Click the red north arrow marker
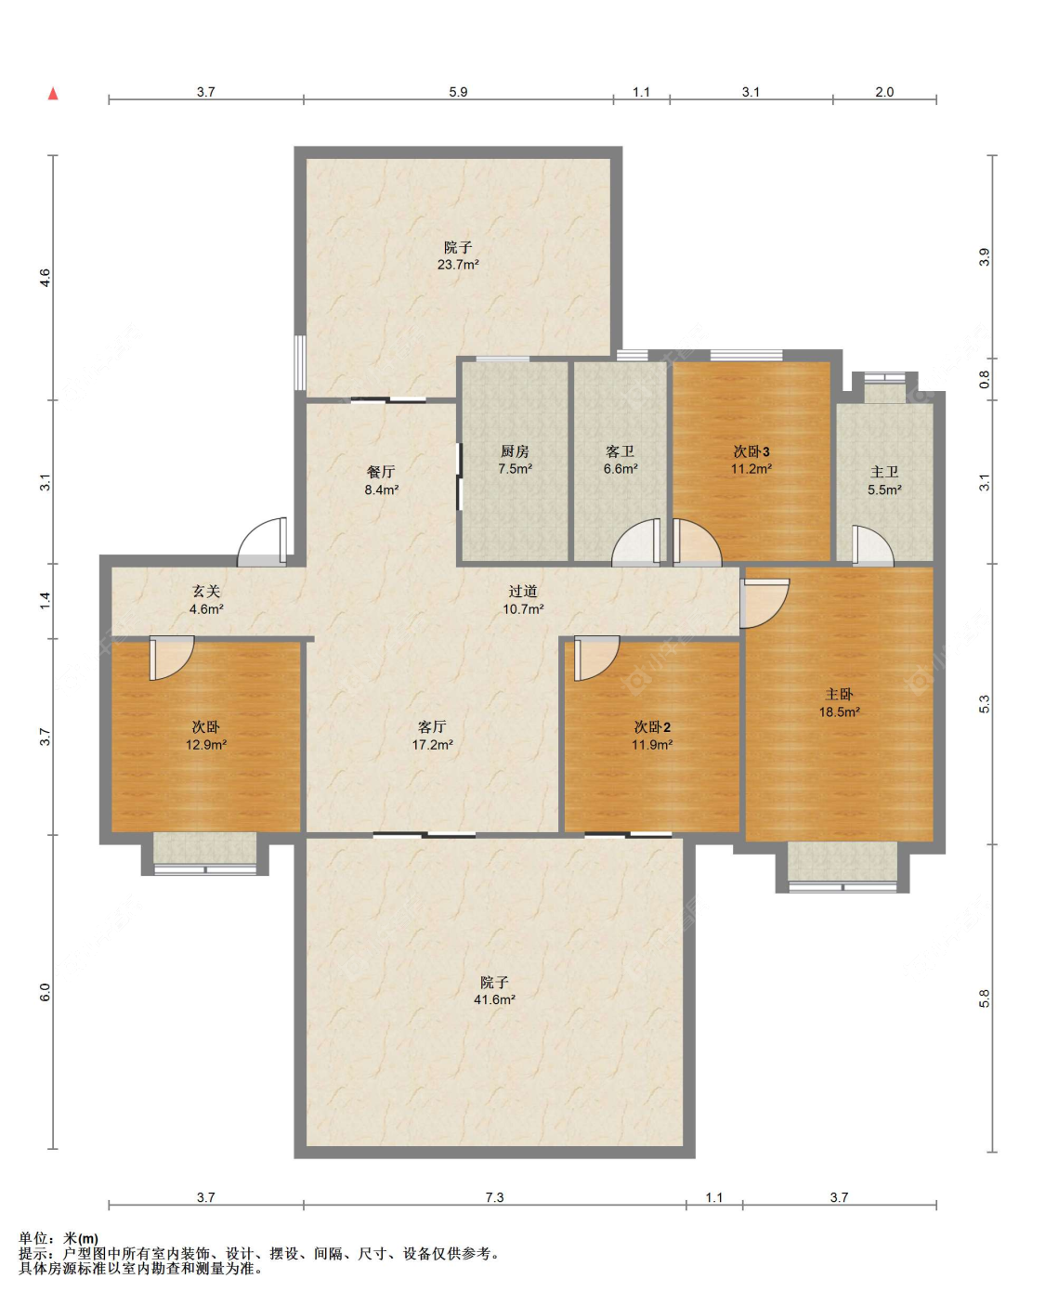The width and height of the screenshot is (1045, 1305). [x=53, y=94]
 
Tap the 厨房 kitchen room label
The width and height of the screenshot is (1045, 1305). [x=515, y=451]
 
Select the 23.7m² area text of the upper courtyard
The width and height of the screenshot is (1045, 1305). [x=458, y=265]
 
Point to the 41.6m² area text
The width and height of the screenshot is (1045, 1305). [x=494, y=999]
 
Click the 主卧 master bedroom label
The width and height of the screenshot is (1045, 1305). [x=839, y=695]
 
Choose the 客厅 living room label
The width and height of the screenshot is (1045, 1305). [x=432, y=727]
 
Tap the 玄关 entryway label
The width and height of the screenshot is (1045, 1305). [x=206, y=592]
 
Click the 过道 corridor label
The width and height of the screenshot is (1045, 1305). [x=523, y=592]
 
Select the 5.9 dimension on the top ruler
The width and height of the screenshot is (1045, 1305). [x=458, y=92]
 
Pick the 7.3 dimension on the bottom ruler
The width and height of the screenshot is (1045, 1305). [x=494, y=1197]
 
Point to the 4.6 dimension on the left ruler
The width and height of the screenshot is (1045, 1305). [x=45, y=278]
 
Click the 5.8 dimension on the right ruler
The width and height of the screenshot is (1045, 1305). [x=984, y=998]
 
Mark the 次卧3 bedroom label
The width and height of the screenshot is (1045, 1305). [x=751, y=451]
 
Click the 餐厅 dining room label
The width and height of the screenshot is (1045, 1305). [x=381, y=472]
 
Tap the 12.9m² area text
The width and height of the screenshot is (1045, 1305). [x=206, y=745]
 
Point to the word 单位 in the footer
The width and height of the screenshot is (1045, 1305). [x=33, y=1239]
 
